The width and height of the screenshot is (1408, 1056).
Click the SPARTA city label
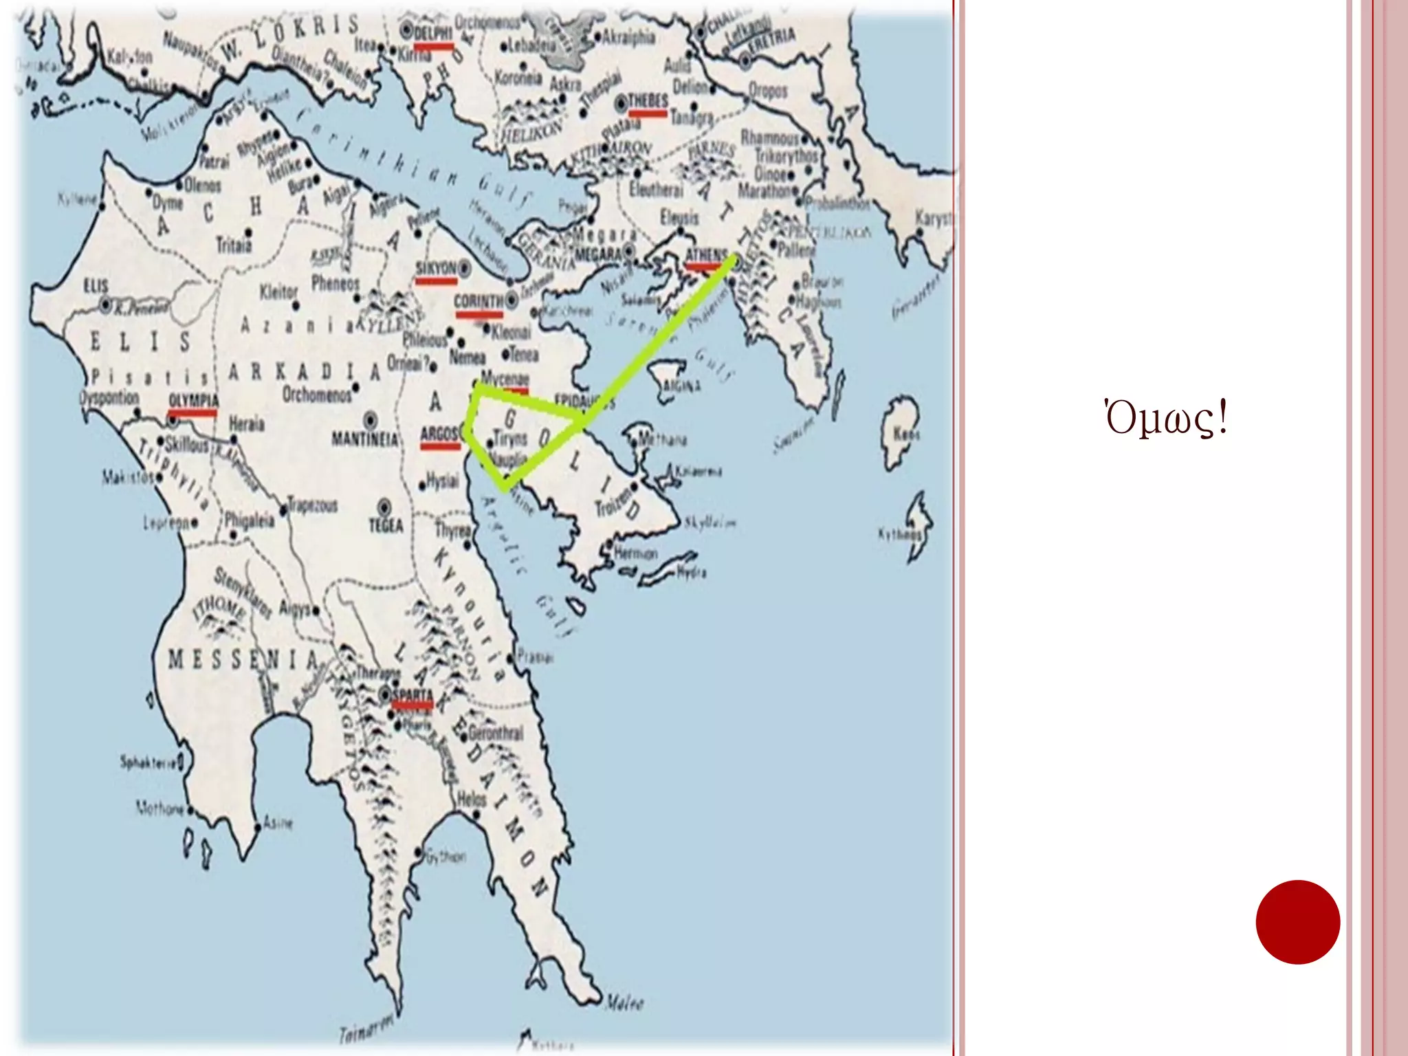click(412, 694)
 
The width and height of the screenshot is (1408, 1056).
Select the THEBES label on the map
click(648, 101)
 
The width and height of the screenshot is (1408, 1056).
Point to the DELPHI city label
click(433, 33)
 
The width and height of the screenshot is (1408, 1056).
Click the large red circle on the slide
click(1297, 922)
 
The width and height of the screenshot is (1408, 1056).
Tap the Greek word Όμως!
click(1165, 419)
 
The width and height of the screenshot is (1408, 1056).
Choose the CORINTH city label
click(478, 301)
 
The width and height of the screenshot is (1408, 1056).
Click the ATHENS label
click(706, 255)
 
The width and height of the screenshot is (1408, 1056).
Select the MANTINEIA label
click(364, 439)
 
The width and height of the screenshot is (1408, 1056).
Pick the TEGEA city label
click(386, 526)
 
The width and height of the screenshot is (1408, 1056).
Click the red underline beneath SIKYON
click(437, 280)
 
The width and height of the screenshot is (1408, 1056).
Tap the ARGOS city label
click(439, 434)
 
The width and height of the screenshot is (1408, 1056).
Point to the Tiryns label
click(510, 438)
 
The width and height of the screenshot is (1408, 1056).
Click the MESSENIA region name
click(243, 660)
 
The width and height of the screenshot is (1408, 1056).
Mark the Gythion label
click(445, 857)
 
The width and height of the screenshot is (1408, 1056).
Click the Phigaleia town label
click(250, 520)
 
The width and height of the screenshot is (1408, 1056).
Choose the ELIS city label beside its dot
click(96, 285)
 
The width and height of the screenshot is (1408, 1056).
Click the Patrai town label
click(213, 162)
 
